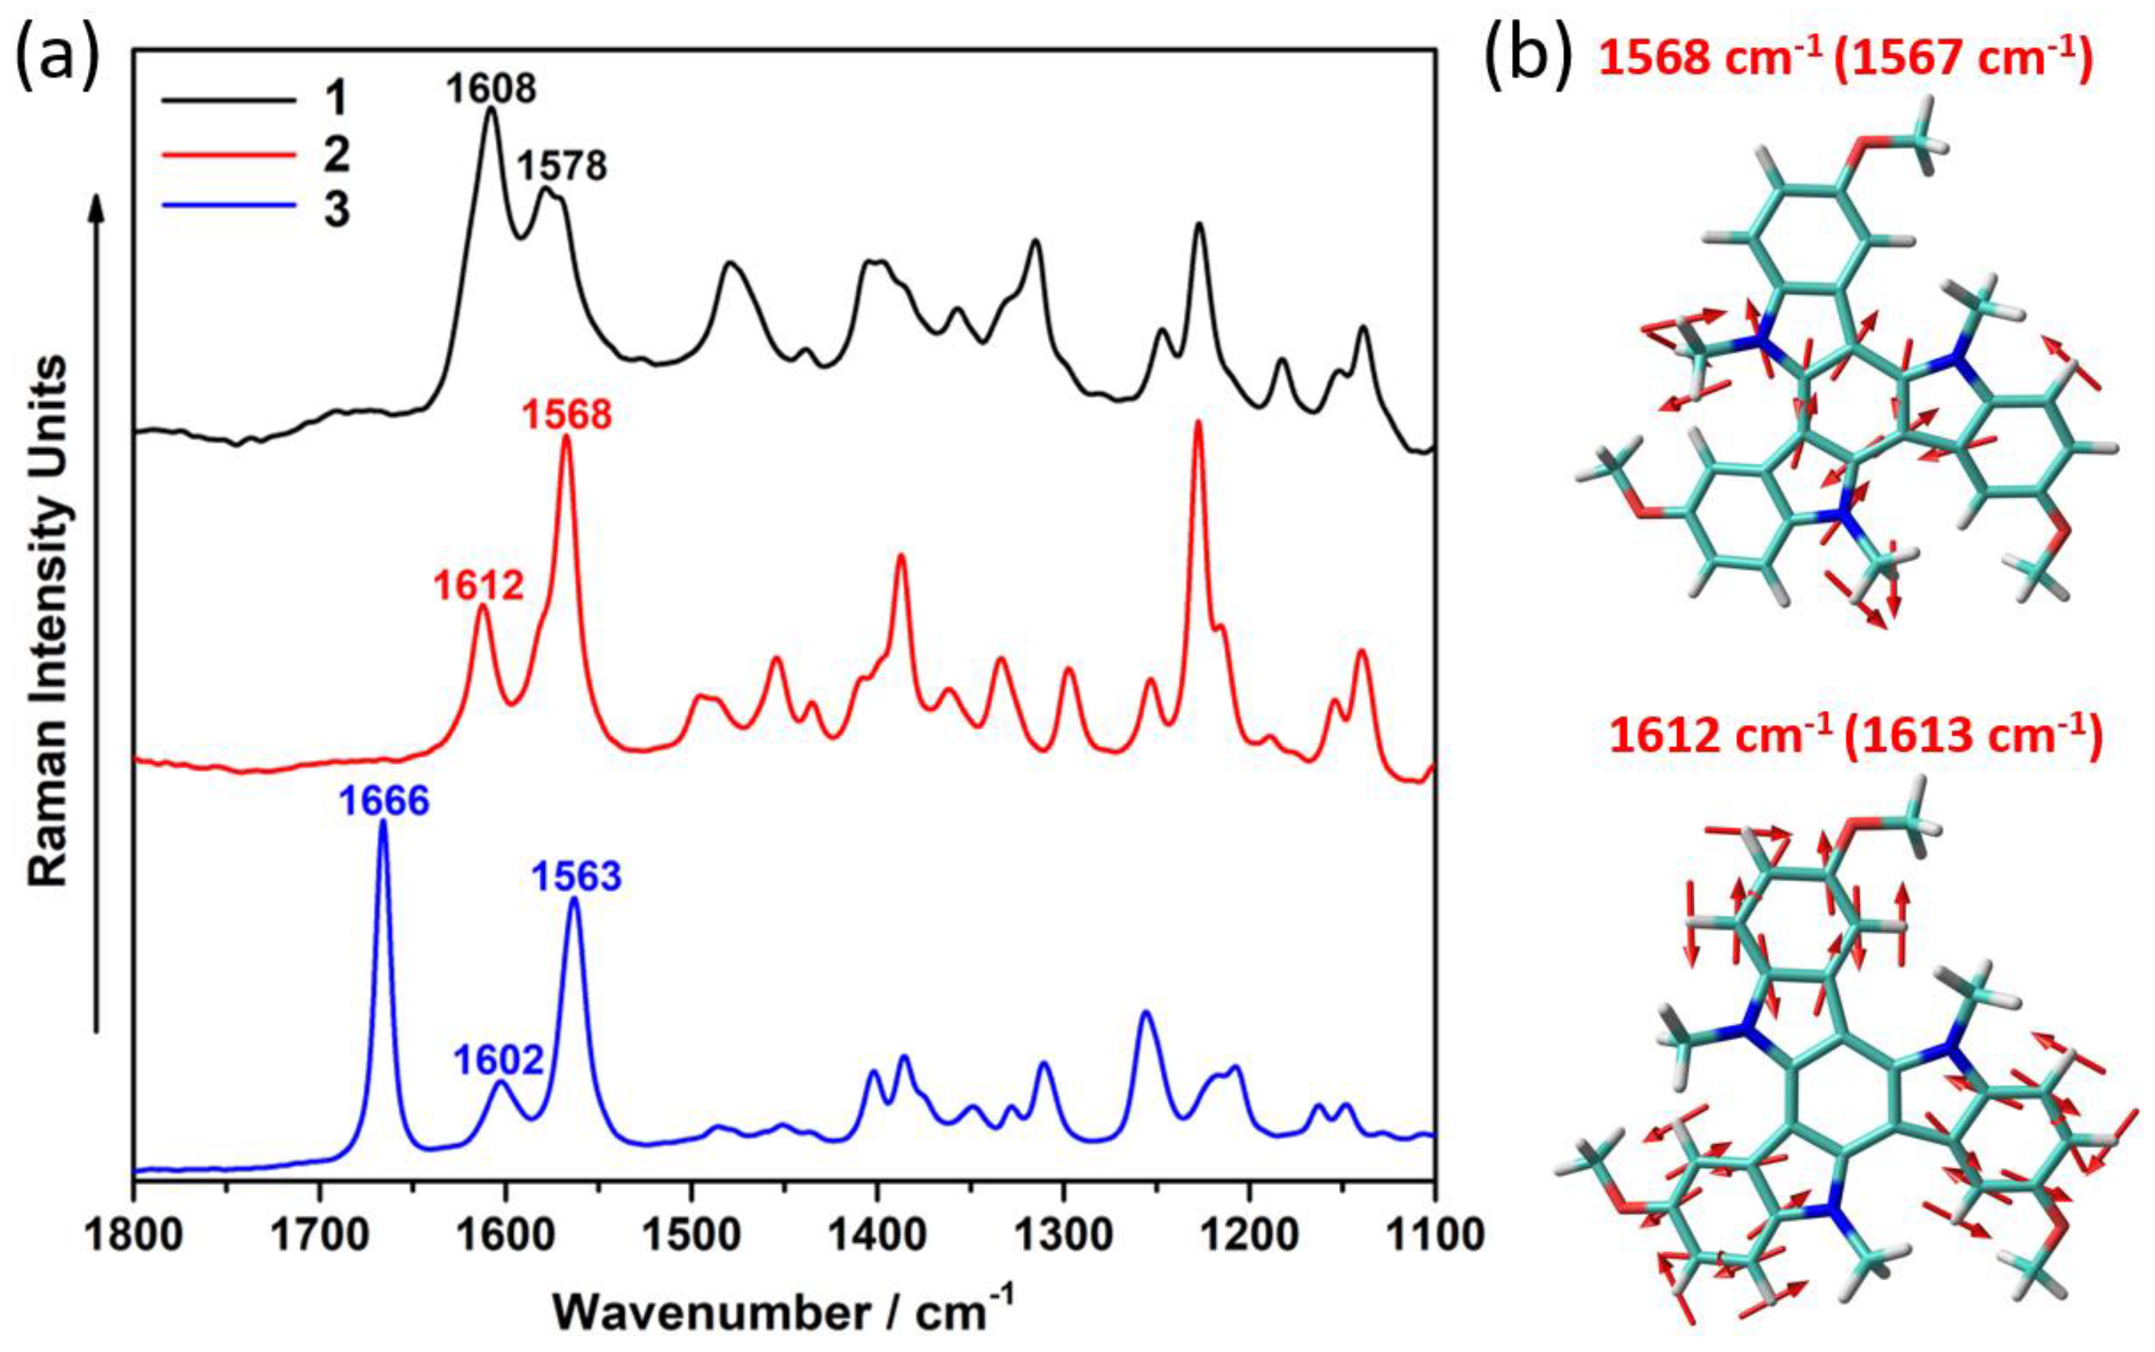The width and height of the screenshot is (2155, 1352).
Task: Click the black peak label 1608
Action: (491, 88)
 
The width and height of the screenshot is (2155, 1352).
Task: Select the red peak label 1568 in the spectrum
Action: (567, 415)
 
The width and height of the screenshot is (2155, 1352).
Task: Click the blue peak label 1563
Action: (577, 877)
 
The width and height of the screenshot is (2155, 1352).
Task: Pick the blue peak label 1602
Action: (498, 1060)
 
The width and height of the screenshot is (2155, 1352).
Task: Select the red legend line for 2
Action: (227, 155)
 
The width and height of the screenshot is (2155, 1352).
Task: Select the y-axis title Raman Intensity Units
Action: (49, 621)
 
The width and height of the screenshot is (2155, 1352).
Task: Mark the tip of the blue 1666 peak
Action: (383, 822)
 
